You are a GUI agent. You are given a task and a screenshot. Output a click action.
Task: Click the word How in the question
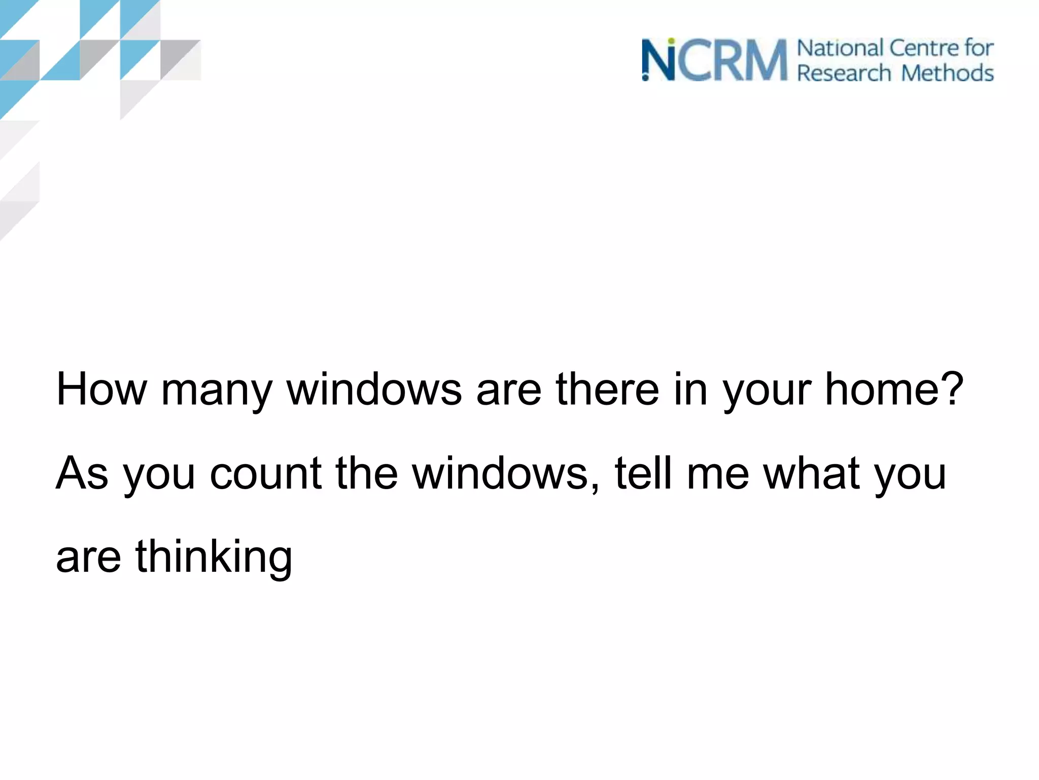coord(101,389)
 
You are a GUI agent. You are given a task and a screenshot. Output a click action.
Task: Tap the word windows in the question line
coord(374,389)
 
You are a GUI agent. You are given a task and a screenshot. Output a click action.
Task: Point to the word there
coord(608,389)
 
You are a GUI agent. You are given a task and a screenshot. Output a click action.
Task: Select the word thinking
coord(214,558)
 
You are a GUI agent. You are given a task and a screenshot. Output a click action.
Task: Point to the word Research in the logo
coord(844,73)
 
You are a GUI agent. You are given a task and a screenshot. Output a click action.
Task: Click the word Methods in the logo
coord(947,73)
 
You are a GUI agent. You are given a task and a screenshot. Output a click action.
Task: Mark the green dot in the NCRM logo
coord(671,41)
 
